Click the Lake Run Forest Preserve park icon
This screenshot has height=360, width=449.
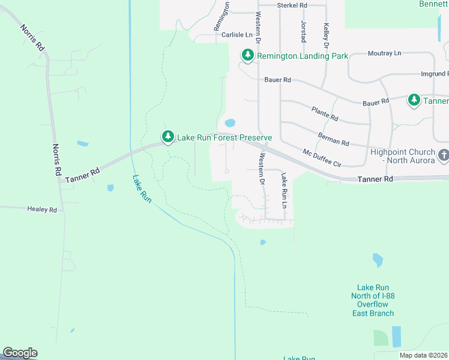click(x=168, y=137)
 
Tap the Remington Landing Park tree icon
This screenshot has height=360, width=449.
click(x=247, y=56)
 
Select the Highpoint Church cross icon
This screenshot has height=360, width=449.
click(x=444, y=156)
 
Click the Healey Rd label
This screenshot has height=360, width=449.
click(x=41, y=209)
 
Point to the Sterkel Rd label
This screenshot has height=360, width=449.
click(x=292, y=5)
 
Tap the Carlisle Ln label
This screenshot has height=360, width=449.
click(x=231, y=35)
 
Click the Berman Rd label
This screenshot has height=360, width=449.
click(x=334, y=139)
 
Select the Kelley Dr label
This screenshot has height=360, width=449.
click(x=327, y=35)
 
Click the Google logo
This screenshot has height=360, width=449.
click(x=20, y=353)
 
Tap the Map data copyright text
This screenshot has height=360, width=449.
click(x=423, y=355)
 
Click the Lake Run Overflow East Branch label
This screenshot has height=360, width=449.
click(x=375, y=300)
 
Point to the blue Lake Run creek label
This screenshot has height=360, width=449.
click(x=142, y=188)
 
